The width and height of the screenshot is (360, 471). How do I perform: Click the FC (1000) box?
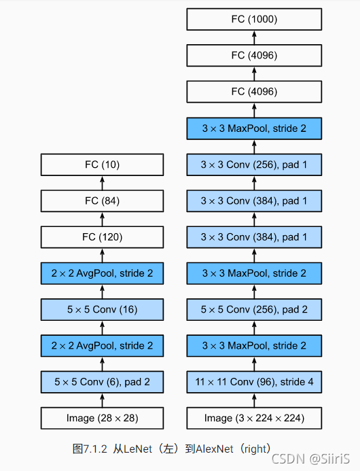(x=254, y=20)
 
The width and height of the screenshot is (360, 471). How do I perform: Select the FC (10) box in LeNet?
(x=102, y=164)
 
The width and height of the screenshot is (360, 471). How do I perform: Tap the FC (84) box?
(x=102, y=200)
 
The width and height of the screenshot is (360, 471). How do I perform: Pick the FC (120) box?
(x=102, y=237)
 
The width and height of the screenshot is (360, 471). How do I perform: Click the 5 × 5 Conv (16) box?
(x=102, y=309)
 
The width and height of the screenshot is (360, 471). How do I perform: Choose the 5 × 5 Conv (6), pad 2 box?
(x=102, y=382)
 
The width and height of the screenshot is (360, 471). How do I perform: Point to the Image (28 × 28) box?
(x=102, y=417)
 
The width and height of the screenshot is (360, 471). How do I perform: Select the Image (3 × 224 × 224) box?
(x=254, y=417)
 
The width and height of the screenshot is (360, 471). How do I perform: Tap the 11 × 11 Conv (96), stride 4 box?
(x=254, y=382)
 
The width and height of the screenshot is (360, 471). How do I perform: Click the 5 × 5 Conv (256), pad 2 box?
(x=254, y=309)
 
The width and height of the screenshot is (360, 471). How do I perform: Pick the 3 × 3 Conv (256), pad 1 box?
(x=254, y=164)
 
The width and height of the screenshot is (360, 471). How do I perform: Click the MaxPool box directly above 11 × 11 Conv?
(x=254, y=345)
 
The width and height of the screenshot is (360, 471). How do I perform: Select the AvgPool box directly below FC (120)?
(x=102, y=273)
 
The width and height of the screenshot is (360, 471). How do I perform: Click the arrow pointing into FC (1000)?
(x=254, y=37)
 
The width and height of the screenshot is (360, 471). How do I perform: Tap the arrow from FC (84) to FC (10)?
(x=102, y=182)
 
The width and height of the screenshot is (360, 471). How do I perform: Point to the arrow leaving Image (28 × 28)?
(x=102, y=400)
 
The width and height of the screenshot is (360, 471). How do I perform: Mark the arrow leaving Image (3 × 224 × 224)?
(x=254, y=400)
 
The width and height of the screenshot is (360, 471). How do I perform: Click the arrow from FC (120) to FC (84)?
(x=102, y=219)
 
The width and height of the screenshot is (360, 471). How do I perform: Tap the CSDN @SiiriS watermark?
(x=320, y=459)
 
